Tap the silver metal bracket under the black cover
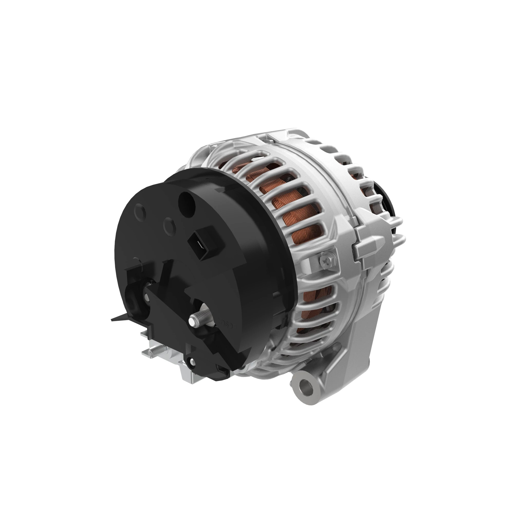(x=186, y=372)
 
